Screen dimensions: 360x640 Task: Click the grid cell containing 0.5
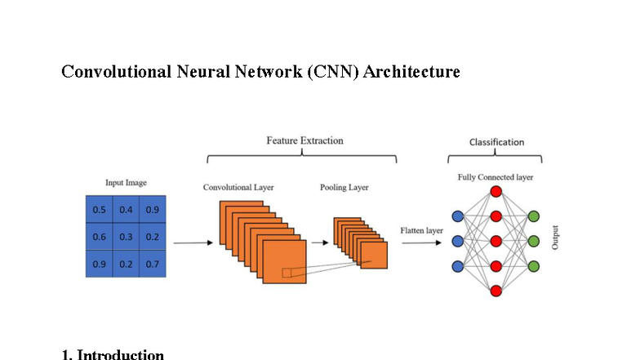pos(100,210)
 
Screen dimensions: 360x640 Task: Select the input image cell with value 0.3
pos(126,237)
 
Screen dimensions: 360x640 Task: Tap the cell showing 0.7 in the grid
pos(153,264)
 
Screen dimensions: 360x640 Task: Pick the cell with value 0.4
pos(126,210)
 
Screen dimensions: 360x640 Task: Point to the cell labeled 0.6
pos(100,237)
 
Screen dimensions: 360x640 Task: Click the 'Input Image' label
pos(126,183)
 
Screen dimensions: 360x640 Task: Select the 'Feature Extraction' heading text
pos(304,140)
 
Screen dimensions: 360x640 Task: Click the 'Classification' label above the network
pos(496,142)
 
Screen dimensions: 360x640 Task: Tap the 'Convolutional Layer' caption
pos(238,188)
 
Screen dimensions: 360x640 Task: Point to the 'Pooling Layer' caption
pos(344,188)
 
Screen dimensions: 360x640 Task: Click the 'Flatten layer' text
pos(421,231)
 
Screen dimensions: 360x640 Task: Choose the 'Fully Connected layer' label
pos(495,177)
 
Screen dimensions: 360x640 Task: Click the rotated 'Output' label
pos(556,237)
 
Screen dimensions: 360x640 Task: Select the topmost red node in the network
pos(496,192)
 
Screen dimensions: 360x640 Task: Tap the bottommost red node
pos(496,290)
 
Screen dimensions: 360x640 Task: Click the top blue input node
pos(457,216)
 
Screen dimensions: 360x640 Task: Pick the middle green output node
pos(534,241)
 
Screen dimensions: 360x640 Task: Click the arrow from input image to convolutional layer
pos(191,242)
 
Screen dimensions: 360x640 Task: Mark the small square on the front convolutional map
pos(287,273)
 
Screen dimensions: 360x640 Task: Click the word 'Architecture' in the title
pos(411,72)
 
